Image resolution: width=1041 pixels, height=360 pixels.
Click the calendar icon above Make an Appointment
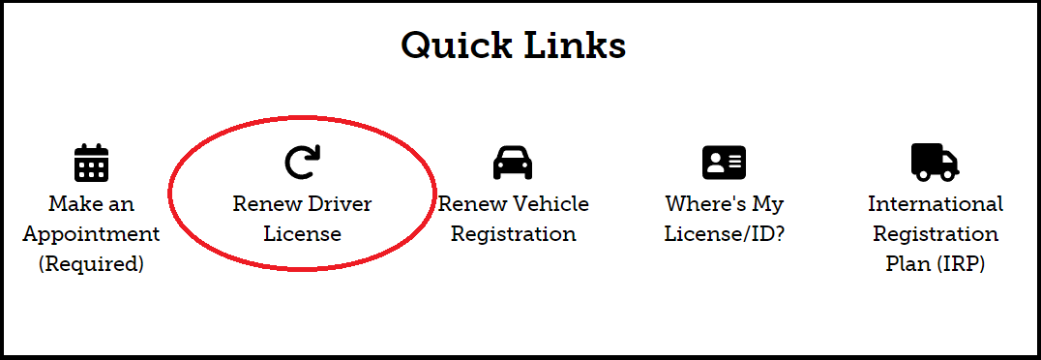pos(91,163)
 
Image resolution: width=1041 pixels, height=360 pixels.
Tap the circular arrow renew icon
pos(302,163)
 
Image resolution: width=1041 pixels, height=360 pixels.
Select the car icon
pos(513,163)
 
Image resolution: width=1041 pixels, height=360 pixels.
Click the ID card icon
pos(724,162)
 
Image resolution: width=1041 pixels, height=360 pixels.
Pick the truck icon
pos(935,162)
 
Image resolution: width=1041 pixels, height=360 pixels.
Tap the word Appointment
pos(91,234)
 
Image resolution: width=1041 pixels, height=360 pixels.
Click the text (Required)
pos(91,264)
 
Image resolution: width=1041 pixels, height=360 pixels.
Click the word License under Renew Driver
pos(302,234)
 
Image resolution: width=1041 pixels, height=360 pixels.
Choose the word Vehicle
pos(550,204)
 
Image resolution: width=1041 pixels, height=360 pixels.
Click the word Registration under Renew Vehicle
pos(513,234)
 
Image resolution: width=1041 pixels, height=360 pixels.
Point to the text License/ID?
pos(724,234)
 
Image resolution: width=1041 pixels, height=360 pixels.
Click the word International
pos(935,204)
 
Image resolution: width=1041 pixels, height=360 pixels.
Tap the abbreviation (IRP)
pos(961,264)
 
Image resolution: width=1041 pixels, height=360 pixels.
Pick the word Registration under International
pos(935,234)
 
